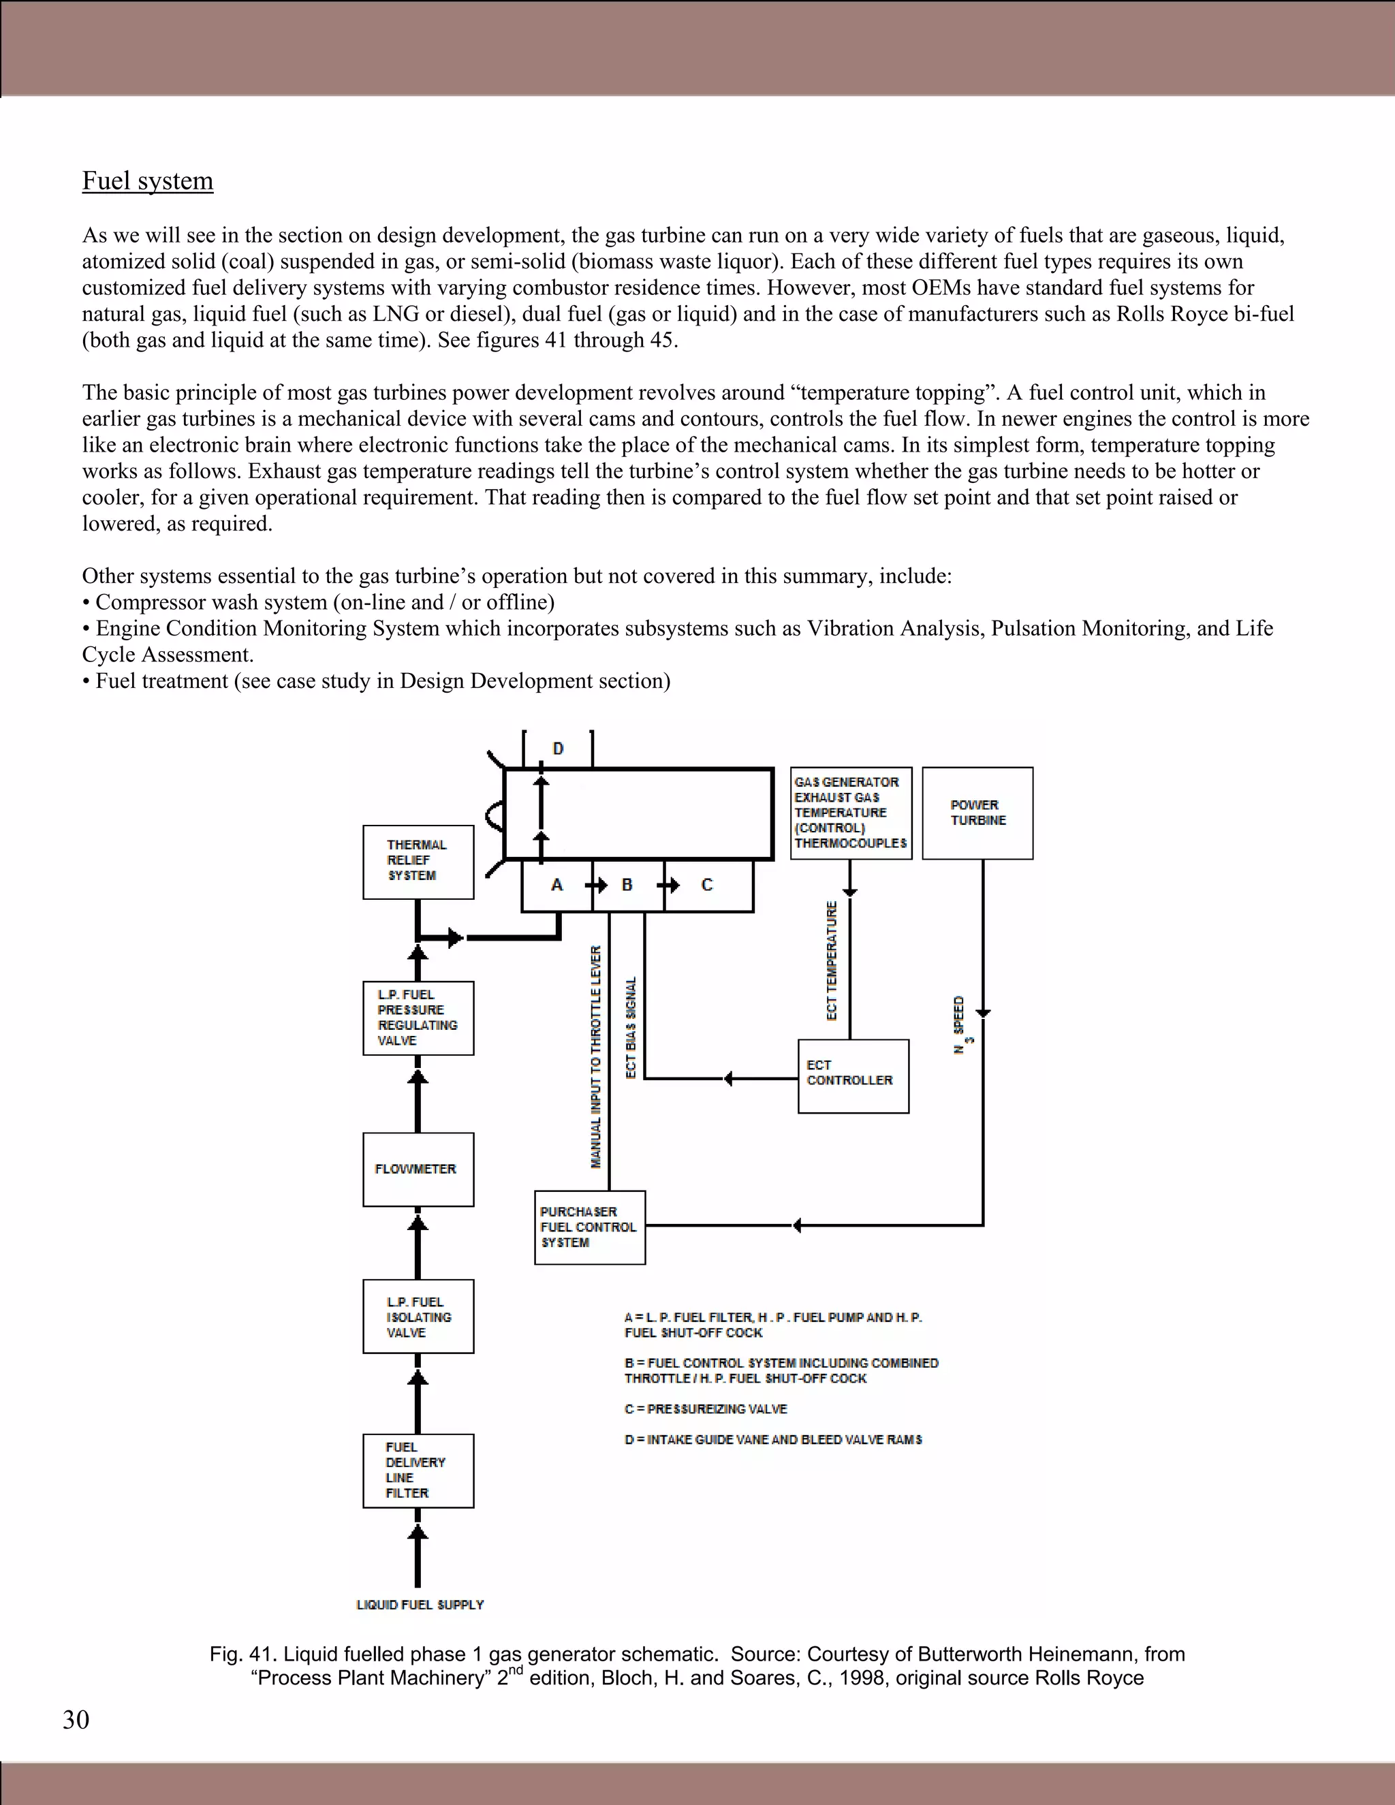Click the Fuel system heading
tap(147, 181)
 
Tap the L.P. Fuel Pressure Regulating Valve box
tap(418, 1018)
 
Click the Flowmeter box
tap(418, 1169)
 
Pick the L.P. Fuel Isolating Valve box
tap(418, 1317)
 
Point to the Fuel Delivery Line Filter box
tap(418, 1471)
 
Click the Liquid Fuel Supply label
tap(420, 1604)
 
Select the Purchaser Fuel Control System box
tap(589, 1227)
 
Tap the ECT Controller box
tap(853, 1076)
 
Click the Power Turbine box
tap(977, 813)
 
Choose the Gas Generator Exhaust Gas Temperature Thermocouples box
tap(850, 813)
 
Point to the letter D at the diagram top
tap(558, 749)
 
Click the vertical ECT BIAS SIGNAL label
tap(631, 1027)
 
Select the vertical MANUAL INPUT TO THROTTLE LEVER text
tap(596, 1057)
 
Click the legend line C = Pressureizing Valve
tap(706, 1409)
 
